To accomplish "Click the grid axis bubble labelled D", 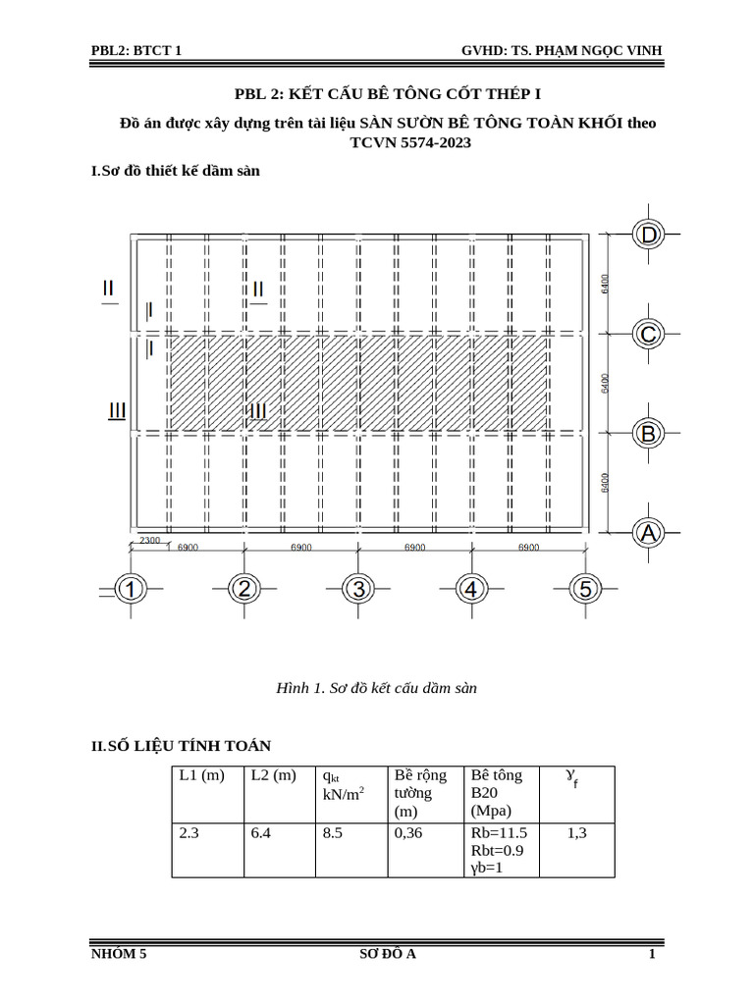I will coord(648,235).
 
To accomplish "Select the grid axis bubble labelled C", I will coord(648,335).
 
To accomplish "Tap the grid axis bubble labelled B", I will coord(648,433).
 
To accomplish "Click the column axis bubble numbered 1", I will coord(131,590).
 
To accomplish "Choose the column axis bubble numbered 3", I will coord(358,590).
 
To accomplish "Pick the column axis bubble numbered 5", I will coord(586,590).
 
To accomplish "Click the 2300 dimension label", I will coord(150,541).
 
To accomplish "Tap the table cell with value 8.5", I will coord(331,833).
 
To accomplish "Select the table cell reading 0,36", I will coord(407,833).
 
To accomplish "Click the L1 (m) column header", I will coord(202,775).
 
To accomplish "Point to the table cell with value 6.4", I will coord(262,833).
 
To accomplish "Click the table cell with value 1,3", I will coord(576,833).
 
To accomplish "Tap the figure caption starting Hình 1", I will coord(377,689).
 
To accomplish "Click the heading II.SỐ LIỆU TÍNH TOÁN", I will coord(182,747).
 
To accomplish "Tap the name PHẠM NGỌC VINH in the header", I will coord(601,50).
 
